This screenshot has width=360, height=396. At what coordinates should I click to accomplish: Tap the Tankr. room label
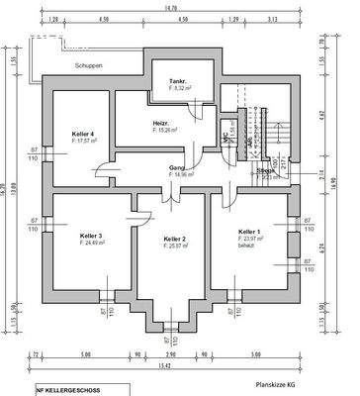click(179, 80)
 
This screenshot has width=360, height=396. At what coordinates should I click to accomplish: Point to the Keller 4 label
click(83, 134)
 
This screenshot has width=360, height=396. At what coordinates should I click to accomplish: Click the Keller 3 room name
click(92, 235)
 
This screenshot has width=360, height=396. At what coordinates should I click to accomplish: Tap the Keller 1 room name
click(249, 231)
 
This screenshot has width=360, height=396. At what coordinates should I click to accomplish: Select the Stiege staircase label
click(266, 170)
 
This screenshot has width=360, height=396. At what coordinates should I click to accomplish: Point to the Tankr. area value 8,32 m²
click(182, 88)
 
